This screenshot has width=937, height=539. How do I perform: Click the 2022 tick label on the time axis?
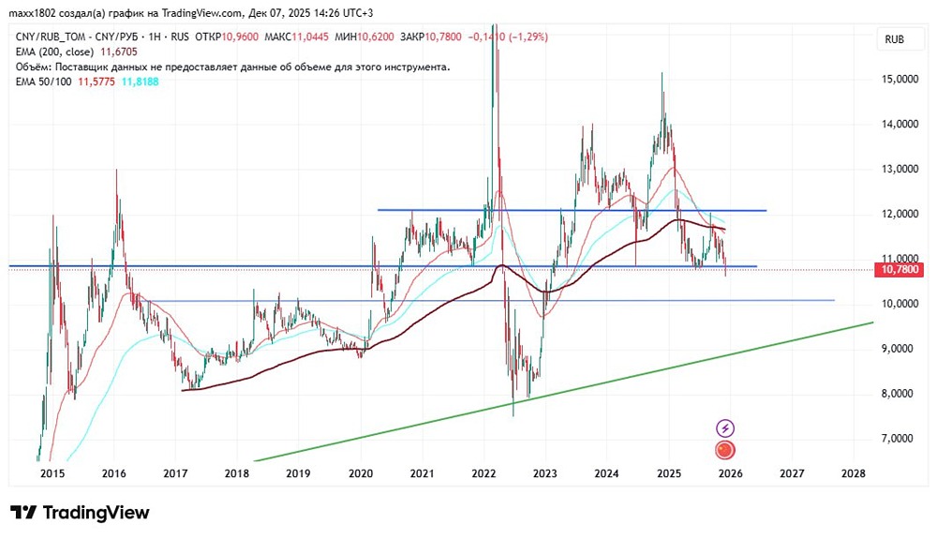pyautogui.click(x=483, y=473)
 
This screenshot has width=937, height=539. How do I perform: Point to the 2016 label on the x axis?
pyautogui.click(x=113, y=473)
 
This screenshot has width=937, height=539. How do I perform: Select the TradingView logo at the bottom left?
pyautogui.click(x=80, y=513)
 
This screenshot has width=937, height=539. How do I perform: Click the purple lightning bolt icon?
pyautogui.click(x=724, y=428)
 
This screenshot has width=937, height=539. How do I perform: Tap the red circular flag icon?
pyautogui.click(x=724, y=451)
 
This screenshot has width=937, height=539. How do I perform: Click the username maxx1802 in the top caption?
pyautogui.click(x=34, y=13)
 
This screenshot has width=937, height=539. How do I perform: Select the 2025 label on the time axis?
pyautogui.click(x=667, y=473)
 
